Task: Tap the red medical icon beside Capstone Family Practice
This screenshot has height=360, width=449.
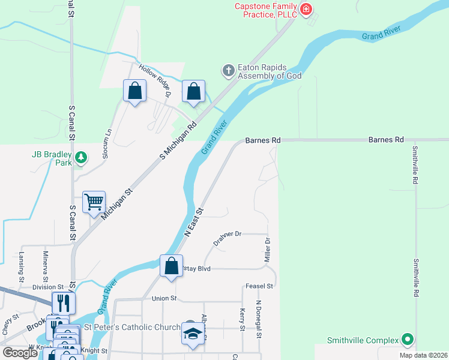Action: click(x=306, y=8)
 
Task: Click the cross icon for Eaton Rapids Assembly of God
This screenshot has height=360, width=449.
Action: click(x=228, y=71)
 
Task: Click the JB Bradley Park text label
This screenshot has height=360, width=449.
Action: click(x=51, y=158)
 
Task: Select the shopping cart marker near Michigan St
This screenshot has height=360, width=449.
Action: click(x=94, y=203)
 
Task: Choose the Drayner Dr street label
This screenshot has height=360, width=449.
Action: click(x=227, y=238)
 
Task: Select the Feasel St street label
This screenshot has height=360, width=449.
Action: click(x=259, y=286)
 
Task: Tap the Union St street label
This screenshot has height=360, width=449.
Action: click(x=164, y=298)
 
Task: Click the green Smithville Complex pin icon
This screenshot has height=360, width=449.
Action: click(x=408, y=340)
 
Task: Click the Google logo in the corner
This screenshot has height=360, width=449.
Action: click(x=20, y=353)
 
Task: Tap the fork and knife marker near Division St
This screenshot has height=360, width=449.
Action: click(x=63, y=301)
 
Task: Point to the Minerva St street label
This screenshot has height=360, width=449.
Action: click(x=45, y=262)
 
